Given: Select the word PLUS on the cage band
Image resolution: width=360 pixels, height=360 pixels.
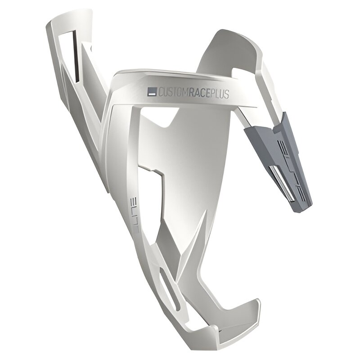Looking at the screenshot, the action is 220,94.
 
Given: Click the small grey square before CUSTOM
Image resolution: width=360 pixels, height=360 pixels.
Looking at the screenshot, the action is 152,92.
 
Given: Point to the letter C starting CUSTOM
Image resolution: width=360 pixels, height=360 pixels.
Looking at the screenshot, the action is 161,93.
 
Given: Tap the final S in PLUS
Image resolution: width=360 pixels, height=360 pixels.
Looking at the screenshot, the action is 227,94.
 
